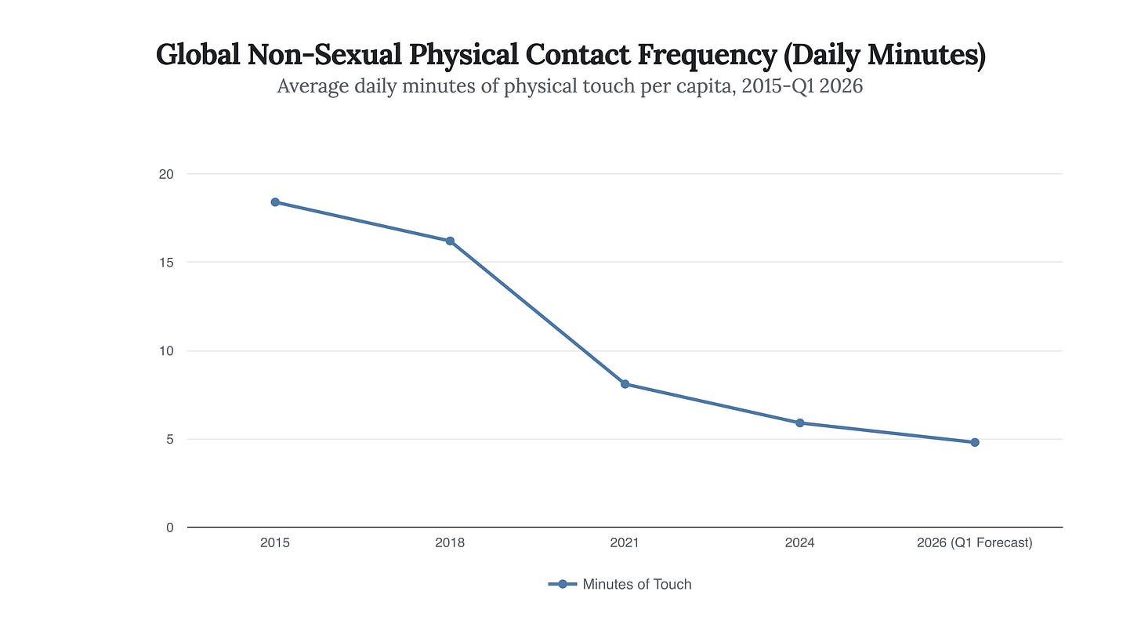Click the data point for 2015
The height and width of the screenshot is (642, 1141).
275,202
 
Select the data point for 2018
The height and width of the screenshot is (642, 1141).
450,241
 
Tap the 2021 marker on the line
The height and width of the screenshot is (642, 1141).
625,384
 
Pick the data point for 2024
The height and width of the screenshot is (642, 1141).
800,423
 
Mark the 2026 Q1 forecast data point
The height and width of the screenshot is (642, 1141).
975,442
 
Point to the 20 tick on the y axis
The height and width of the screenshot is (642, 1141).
166,174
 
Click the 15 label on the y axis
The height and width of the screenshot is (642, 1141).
166,263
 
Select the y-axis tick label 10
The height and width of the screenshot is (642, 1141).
166,351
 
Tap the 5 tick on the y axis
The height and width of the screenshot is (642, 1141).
169,440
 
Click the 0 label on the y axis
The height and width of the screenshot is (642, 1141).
169,528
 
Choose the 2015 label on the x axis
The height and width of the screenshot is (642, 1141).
275,542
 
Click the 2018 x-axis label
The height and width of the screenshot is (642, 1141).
450,542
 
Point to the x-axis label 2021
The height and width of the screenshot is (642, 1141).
625,542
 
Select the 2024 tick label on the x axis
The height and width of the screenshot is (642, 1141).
800,542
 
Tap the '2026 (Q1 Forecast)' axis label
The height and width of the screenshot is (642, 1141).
975,542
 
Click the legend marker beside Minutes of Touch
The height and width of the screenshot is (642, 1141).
562,584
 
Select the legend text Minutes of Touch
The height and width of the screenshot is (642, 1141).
637,584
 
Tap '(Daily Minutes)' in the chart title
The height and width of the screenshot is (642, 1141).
886,56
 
